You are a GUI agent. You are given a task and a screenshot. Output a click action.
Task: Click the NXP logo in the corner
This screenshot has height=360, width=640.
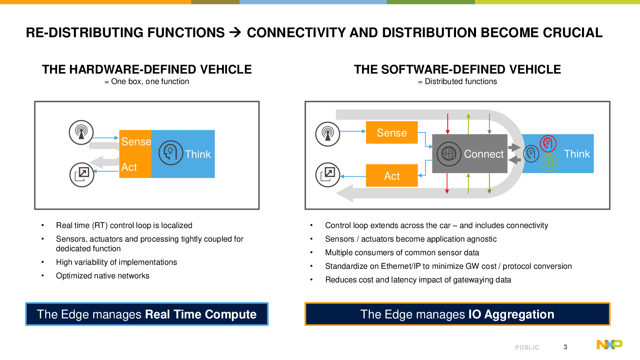(x=610, y=344)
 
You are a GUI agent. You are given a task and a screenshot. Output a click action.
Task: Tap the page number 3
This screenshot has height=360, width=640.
(x=565, y=347)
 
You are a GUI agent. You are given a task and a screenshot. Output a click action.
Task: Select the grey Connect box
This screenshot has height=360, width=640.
(x=470, y=154)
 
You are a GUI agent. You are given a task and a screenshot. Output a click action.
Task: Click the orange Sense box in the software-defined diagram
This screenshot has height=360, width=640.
(x=392, y=132)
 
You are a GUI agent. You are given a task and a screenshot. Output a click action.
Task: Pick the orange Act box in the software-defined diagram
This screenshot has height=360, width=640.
(x=392, y=176)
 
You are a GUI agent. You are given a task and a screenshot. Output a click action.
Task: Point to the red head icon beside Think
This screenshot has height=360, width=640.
(x=548, y=144)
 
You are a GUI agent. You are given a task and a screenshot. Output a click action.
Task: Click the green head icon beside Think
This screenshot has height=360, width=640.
(x=549, y=162)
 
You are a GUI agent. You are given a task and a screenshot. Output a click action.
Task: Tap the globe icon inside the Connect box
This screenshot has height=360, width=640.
(x=449, y=154)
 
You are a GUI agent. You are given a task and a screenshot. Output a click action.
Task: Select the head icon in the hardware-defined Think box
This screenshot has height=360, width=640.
(x=170, y=152)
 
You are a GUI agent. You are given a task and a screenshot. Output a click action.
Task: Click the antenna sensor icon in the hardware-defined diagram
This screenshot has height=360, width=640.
(x=81, y=132)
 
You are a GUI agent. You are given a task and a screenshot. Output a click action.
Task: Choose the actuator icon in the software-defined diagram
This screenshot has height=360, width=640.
(x=328, y=175)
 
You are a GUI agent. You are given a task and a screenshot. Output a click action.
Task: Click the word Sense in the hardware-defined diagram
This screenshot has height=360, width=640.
(x=136, y=142)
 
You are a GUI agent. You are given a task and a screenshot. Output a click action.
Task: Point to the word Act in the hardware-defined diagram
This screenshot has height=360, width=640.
(x=129, y=167)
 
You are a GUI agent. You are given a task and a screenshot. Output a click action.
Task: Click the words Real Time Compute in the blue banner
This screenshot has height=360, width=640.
(x=201, y=314)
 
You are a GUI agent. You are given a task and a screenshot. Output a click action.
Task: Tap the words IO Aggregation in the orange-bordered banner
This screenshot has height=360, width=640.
(x=511, y=314)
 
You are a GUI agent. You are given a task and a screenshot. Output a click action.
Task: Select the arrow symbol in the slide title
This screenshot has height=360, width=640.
(x=236, y=32)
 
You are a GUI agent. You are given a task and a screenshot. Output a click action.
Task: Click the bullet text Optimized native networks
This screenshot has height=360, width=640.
(x=102, y=276)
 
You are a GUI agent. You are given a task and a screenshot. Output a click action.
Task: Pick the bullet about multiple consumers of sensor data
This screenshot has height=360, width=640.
(x=402, y=252)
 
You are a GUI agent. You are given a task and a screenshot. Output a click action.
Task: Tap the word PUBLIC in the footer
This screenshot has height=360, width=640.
(x=527, y=348)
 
